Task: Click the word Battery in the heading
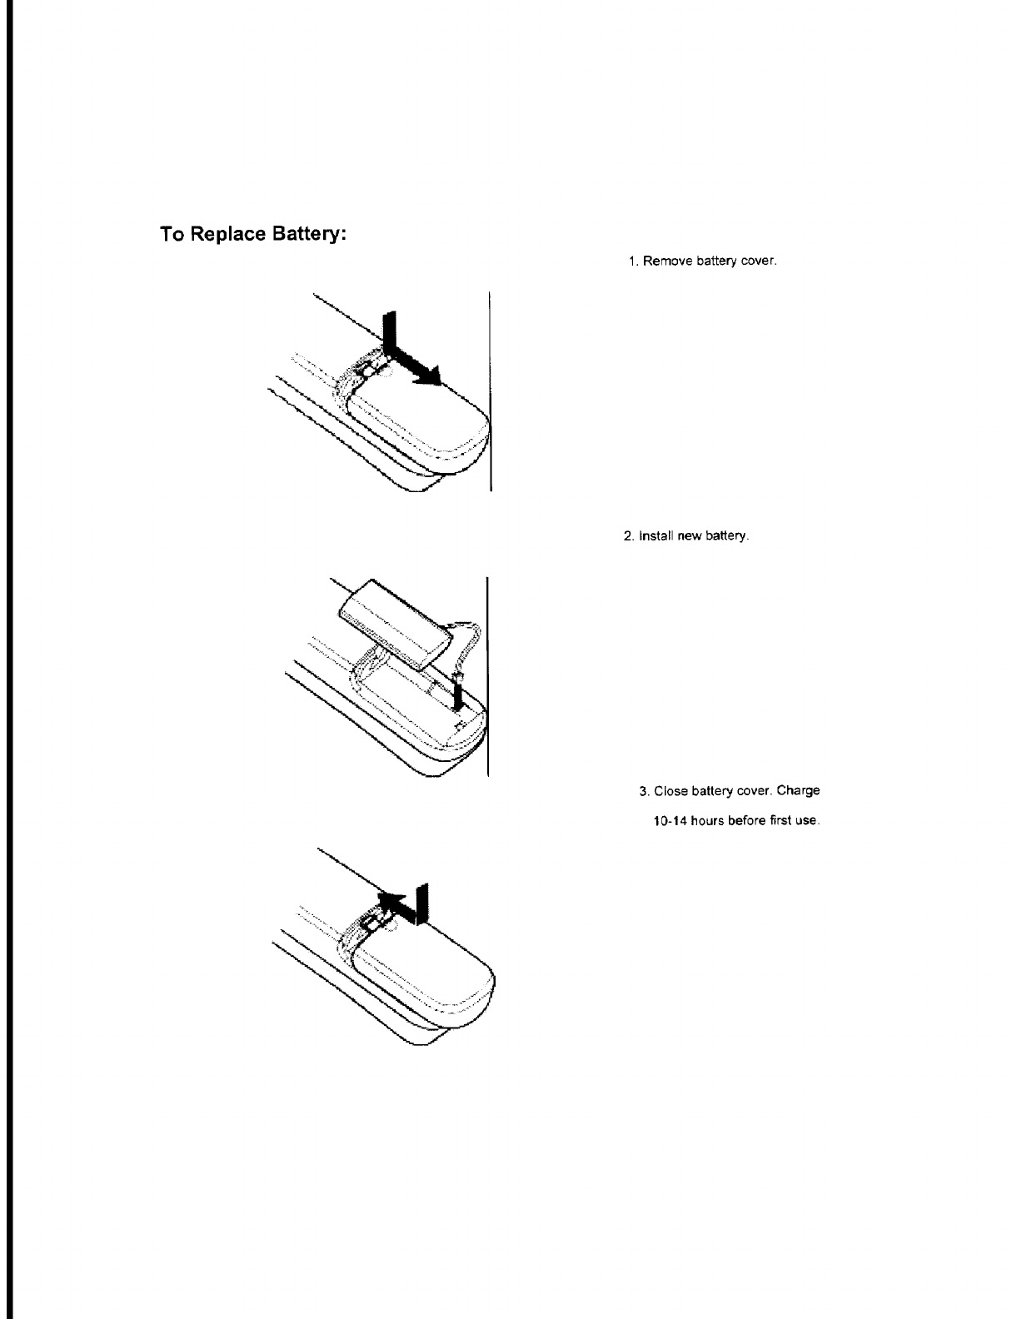(x=308, y=236)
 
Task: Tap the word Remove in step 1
(x=661, y=261)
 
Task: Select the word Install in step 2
(x=654, y=536)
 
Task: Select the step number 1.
(x=633, y=261)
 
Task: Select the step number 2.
(x=628, y=536)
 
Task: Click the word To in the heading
(x=172, y=235)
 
